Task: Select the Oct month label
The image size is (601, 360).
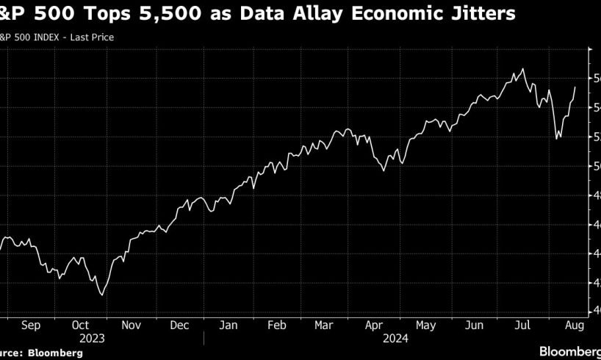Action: click(x=82, y=324)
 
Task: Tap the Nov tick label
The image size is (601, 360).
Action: click(x=130, y=324)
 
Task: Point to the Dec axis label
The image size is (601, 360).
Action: click(x=179, y=324)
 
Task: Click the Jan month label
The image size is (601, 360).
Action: click(x=229, y=324)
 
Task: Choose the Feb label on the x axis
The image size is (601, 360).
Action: click(x=278, y=324)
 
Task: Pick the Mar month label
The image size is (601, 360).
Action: click(x=325, y=324)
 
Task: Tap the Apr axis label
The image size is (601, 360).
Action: click(x=375, y=324)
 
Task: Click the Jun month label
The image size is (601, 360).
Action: click(x=474, y=324)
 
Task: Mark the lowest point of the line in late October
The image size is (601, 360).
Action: click(x=101, y=295)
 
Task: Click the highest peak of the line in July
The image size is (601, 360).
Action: click(x=522, y=69)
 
